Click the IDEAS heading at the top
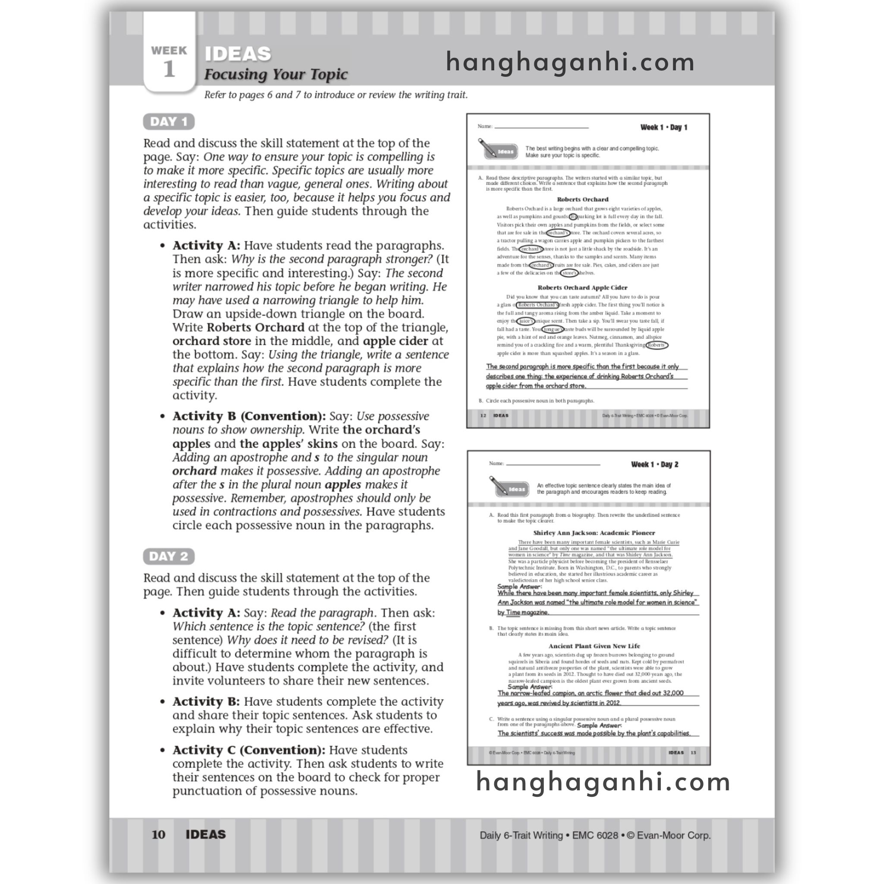(238, 54)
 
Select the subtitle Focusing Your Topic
(276, 74)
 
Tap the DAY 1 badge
(169, 122)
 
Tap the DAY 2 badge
(169, 556)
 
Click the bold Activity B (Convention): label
(249, 416)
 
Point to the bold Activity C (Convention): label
(249, 750)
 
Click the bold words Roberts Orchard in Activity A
(256, 327)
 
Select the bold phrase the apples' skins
(288, 443)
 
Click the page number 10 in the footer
(158, 834)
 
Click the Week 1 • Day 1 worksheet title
(663, 127)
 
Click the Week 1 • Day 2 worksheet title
(654, 464)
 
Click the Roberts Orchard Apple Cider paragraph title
(582, 287)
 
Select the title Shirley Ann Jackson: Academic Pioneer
(594, 533)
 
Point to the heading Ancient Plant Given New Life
(594, 646)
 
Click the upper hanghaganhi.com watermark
(570, 62)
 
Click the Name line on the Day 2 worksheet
(553, 464)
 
